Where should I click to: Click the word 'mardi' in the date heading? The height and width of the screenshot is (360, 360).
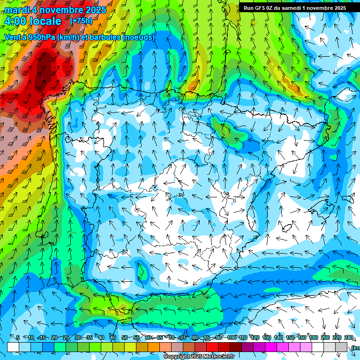pyautogui.click(x=16, y=10)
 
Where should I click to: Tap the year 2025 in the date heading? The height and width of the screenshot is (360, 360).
pyautogui.click(x=94, y=10)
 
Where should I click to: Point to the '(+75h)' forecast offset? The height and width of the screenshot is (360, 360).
pyautogui.click(x=82, y=21)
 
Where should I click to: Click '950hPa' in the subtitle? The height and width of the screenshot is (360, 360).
pyautogui.click(x=42, y=37)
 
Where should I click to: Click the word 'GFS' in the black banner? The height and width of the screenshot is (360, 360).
pyautogui.click(x=262, y=8)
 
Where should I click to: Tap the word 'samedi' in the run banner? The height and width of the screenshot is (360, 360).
pyautogui.click(x=293, y=8)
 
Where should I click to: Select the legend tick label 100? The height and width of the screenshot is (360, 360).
pyautogui.click(x=232, y=337)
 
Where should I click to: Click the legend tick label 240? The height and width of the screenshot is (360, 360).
pyautogui.click(x=349, y=337)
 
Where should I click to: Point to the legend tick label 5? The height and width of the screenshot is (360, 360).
pyautogui.click(x=18, y=337)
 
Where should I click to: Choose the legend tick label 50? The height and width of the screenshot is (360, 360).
pyautogui.click(x=124, y=337)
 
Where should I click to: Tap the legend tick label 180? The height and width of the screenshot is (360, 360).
pyautogui.click(x=314, y=337)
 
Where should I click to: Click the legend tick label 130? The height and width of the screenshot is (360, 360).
pyautogui.click(x=267, y=337)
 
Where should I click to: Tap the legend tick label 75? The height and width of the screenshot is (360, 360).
pyautogui.click(x=183, y=337)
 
